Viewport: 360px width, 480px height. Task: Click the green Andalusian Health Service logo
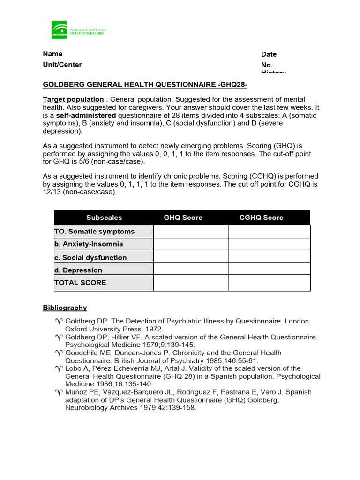pos(60,30)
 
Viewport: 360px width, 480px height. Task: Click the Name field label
pos(52,54)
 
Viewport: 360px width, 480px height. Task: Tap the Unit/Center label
pos(62,65)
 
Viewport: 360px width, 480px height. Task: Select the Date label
pos(269,54)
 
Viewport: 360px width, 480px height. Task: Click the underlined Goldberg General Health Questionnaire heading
pos(145,85)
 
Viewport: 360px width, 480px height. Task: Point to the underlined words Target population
pos(73,99)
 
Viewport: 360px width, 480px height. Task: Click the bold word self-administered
pos(86,115)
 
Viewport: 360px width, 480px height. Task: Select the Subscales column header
pos(104,217)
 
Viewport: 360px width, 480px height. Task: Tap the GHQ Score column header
pos(183,217)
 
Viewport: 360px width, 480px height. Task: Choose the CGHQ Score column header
pos(261,217)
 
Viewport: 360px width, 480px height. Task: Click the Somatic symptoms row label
pos(95,232)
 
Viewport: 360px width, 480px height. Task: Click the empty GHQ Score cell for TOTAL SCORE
pos(191,283)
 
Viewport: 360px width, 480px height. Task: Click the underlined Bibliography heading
pos(65,308)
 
